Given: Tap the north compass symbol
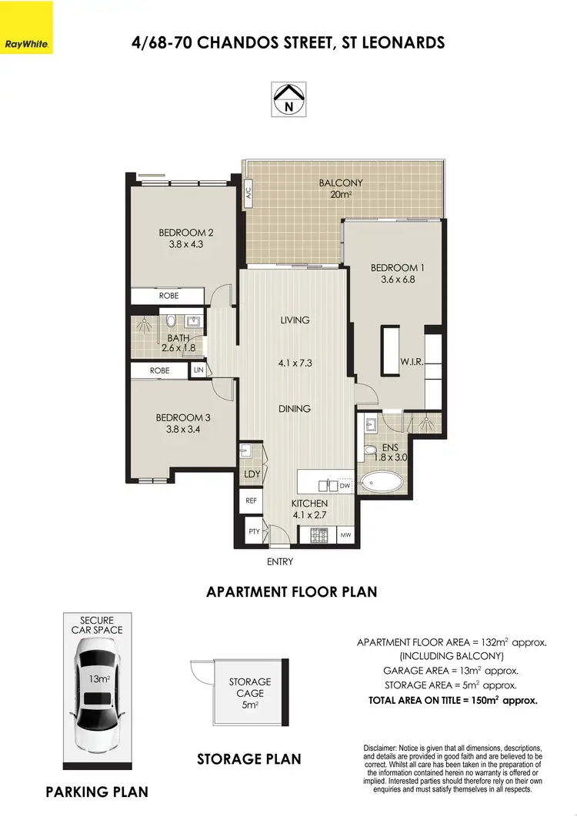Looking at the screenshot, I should coord(288,99).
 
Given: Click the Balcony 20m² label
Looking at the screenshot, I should coord(341,189).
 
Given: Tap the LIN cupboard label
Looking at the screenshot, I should coord(198,370).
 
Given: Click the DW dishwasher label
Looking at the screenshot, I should coord(345,486).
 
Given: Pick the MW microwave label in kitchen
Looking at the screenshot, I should coord(345,533).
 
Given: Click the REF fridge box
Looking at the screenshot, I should coord(251,501).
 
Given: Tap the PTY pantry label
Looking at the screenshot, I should coord(252,531).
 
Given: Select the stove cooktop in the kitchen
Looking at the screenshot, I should coord(319,533).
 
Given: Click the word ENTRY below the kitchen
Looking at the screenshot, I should coord(280,562).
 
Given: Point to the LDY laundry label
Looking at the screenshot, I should coord(252,474).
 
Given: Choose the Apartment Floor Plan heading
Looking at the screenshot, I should coord(292,592).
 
